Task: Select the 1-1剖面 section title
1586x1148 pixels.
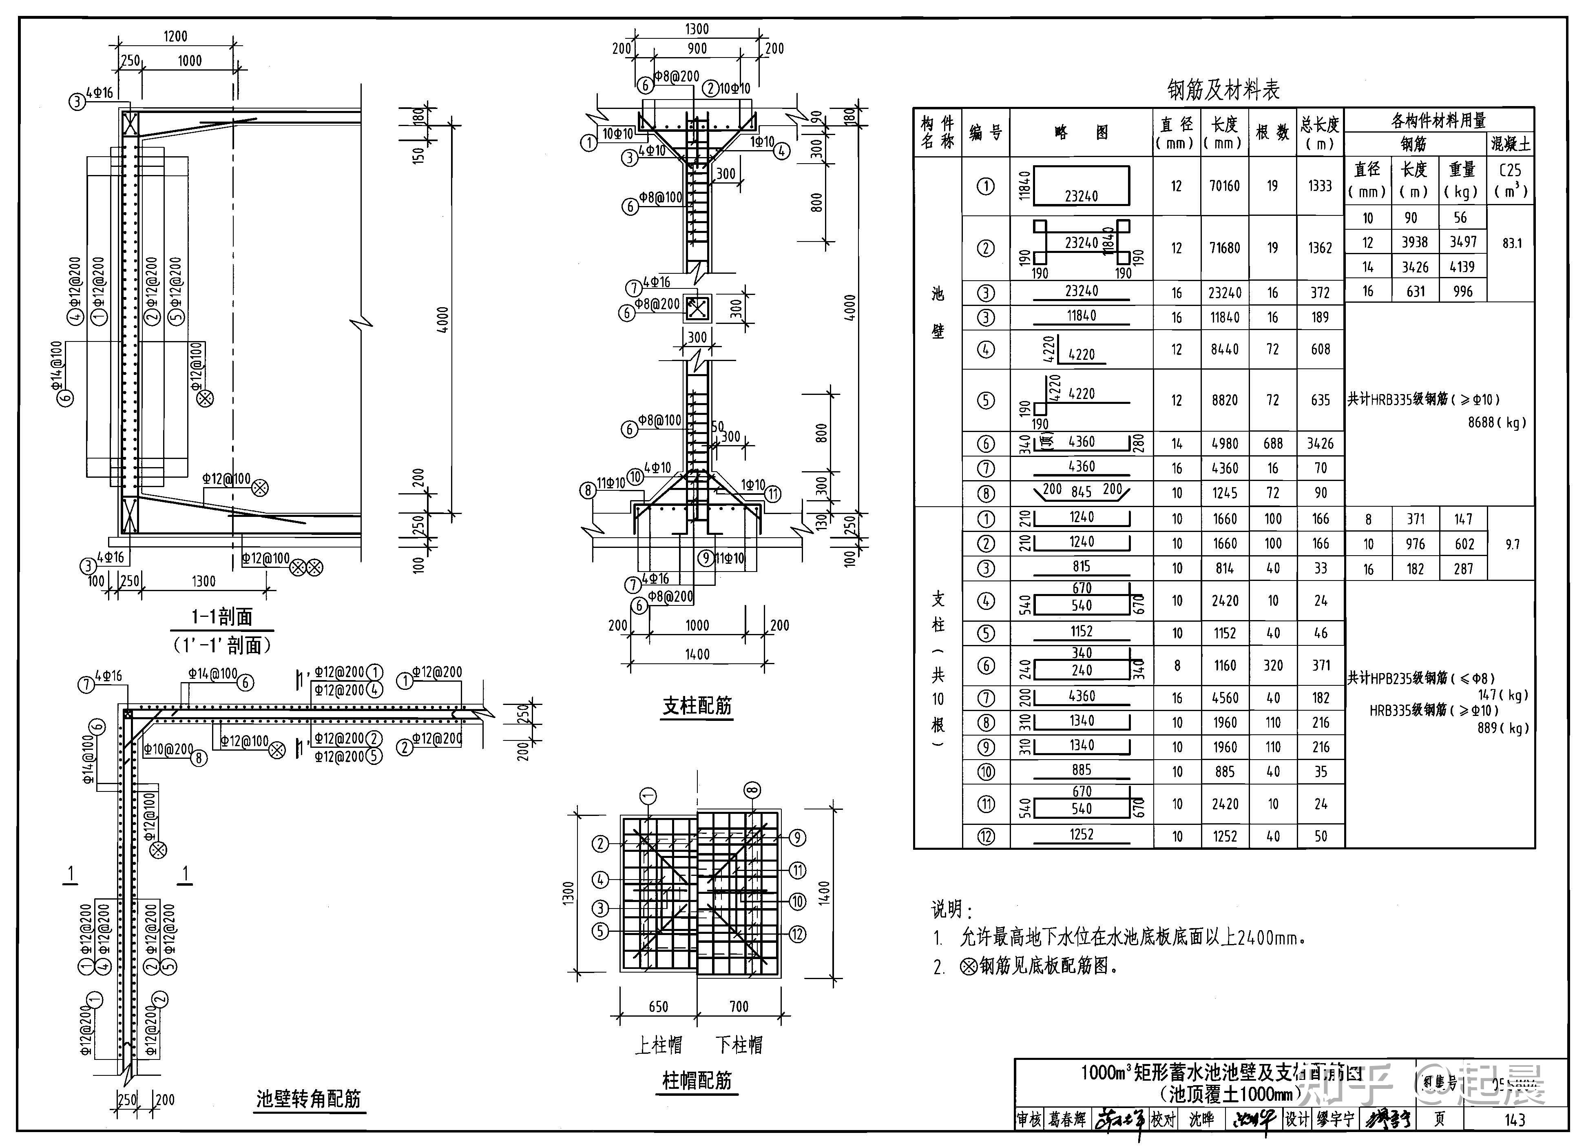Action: point(222,616)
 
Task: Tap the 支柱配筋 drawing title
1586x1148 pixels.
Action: point(697,705)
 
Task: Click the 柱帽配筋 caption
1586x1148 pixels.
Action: point(697,1081)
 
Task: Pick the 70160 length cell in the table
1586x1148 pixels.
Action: point(1224,186)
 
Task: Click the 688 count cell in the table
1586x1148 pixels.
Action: point(1273,443)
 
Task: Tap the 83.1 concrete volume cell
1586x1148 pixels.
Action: point(1512,244)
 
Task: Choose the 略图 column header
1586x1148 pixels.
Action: point(1081,132)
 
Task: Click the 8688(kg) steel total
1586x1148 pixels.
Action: point(1497,423)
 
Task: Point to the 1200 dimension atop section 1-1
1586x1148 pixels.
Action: point(175,36)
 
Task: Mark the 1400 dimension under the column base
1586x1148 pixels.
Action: point(697,654)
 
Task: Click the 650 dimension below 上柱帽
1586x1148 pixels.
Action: point(658,1007)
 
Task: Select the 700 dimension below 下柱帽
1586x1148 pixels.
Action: point(739,1007)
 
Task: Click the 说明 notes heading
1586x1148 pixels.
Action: point(951,909)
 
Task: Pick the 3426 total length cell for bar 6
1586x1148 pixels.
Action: point(1320,443)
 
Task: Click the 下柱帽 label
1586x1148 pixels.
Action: point(739,1045)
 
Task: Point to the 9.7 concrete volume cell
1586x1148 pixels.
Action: point(1512,544)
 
